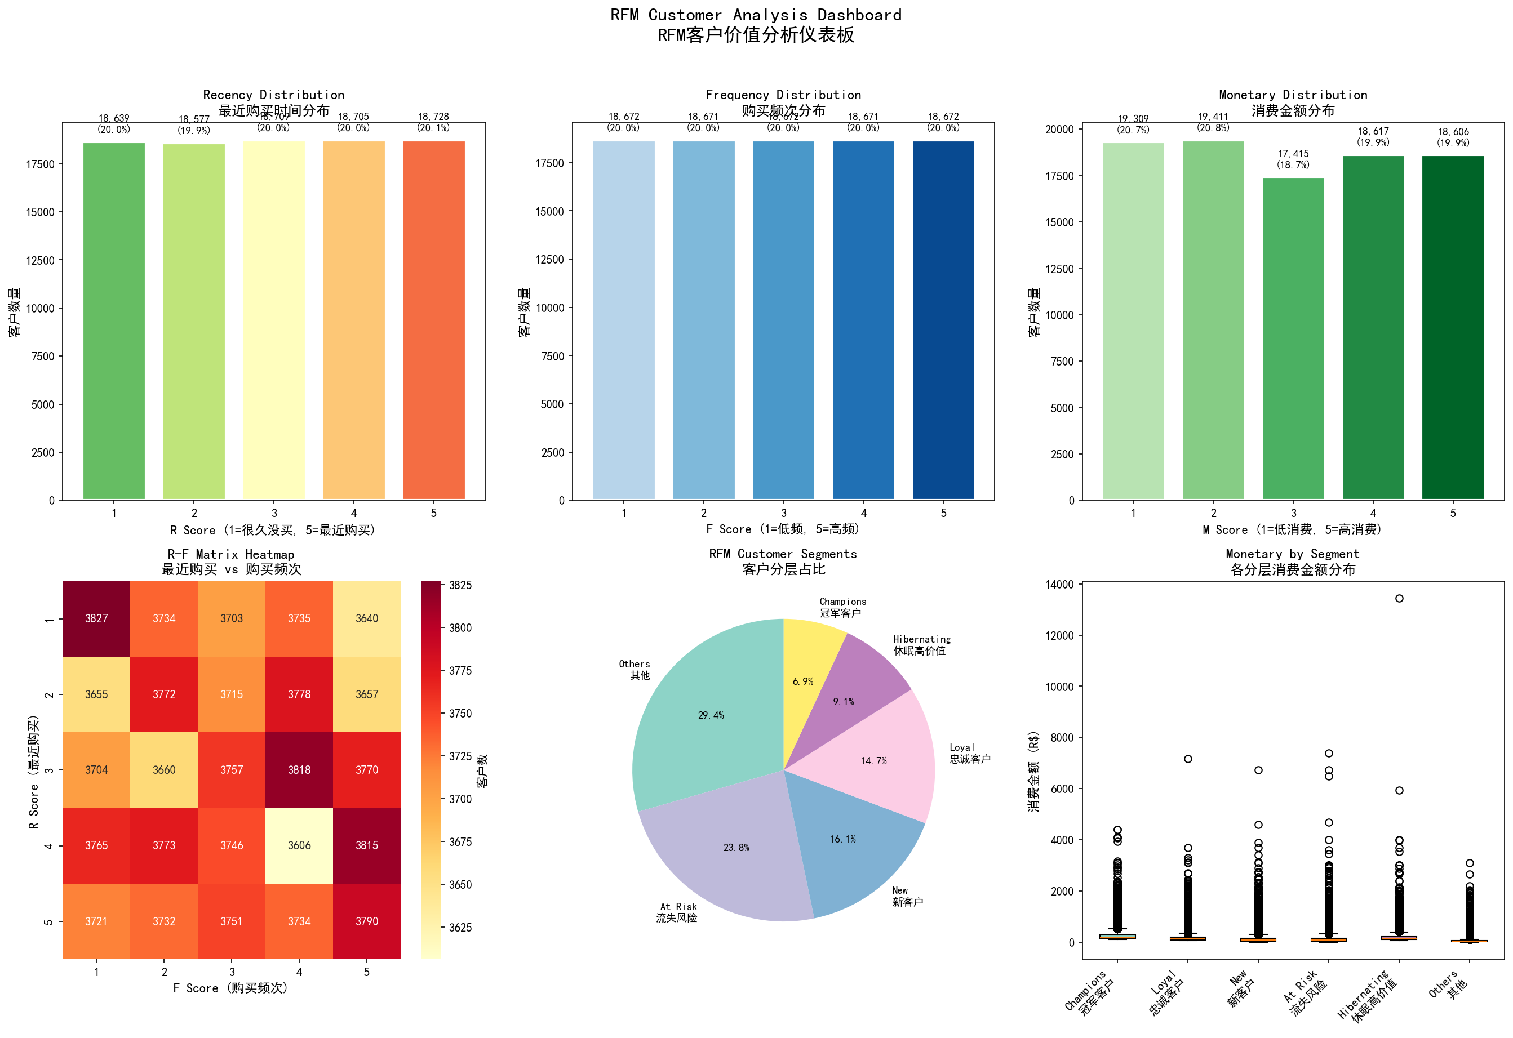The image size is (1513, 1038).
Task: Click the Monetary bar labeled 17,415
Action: point(1293,338)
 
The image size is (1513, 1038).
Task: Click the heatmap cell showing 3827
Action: point(96,618)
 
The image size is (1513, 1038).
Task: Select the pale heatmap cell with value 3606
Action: point(299,845)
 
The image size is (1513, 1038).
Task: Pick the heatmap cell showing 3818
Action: point(299,770)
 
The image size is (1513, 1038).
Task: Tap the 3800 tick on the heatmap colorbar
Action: point(460,628)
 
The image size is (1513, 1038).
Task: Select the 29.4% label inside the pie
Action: point(711,715)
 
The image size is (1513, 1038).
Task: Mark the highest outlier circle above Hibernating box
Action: point(1399,598)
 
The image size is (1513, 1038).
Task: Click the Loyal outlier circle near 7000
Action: point(1188,759)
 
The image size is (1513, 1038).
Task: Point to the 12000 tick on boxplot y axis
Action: point(1060,635)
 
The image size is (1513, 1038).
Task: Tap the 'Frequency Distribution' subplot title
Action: point(783,95)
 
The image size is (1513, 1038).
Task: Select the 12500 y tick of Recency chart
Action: point(41,260)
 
